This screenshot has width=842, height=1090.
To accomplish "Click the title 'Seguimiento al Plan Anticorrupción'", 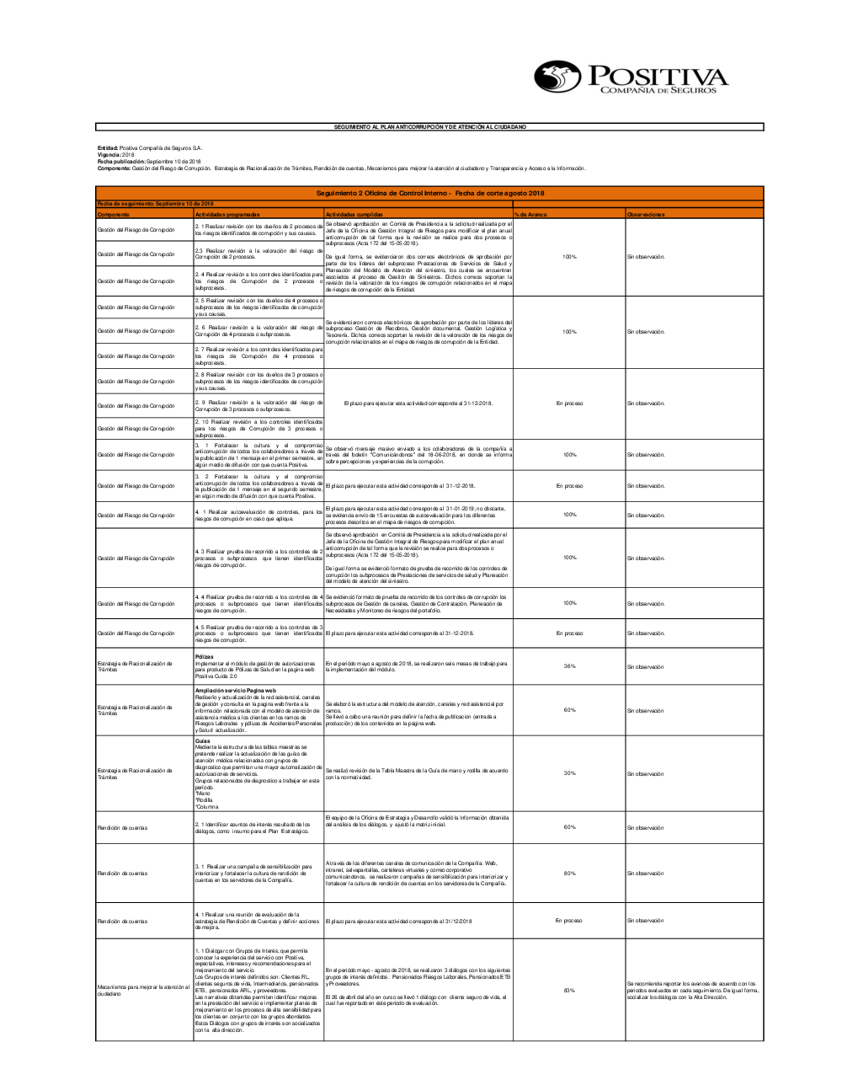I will (x=429, y=126).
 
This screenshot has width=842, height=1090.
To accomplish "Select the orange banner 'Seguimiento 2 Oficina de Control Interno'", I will (x=429, y=194).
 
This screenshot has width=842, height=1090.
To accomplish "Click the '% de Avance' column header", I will (x=531, y=215).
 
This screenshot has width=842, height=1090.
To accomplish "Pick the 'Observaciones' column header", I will (x=646, y=215).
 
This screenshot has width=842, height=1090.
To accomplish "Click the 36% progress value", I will (x=570, y=666).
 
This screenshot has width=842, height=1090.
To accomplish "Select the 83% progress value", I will (x=570, y=990).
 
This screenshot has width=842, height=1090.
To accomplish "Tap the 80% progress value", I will (x=570, y=873).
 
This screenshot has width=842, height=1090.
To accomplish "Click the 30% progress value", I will (x=570, y=773).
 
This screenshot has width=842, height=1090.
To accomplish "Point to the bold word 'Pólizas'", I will (x=204, y=656).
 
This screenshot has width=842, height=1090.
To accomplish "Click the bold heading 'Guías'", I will (x=203, y=741).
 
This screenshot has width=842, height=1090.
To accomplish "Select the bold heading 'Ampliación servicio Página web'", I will (x=235, y=690).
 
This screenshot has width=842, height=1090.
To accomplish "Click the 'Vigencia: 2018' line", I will (x=116, y=155).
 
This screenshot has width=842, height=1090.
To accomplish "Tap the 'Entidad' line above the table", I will (x=150, y=148).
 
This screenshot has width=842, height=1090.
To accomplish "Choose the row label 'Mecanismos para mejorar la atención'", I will (x=143, y=990).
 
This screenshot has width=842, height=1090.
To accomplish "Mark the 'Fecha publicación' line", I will (x=149, y=162).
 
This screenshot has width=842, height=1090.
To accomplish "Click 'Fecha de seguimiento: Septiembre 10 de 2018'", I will (x=155, y=204).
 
